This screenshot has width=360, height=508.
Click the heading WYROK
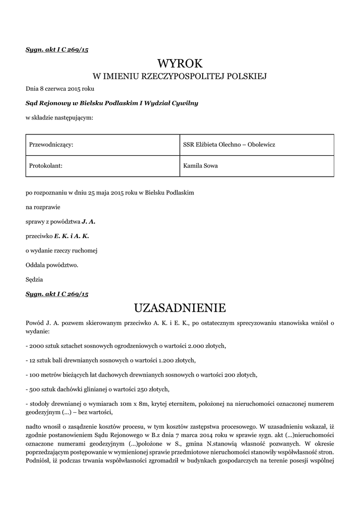(x=180, y=63)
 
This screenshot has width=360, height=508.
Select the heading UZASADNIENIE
(x=180, y=308)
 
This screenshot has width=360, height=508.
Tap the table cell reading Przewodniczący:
(x=52, y=144)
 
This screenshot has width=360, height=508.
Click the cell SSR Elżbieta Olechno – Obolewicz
(x=229, y=144)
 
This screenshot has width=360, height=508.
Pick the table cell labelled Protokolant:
(x=46, y=166)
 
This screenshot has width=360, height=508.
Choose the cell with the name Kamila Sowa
(x=200, y=166)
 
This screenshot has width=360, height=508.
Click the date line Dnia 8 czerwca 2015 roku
(x=60, y=89)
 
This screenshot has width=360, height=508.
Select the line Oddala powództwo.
(x=52, y=265)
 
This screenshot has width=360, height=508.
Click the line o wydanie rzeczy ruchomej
(x=61, y=251)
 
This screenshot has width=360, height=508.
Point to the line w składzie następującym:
(x=59, y=118)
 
